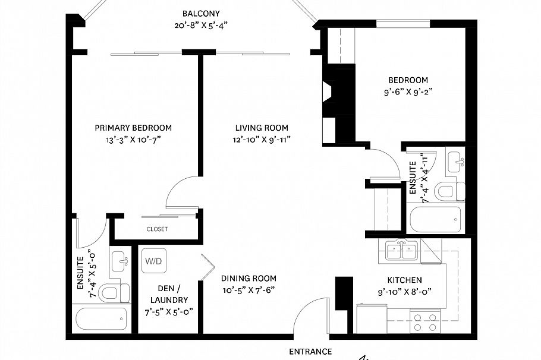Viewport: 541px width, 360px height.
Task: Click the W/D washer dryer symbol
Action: (153, 260)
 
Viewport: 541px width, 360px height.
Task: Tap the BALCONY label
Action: (202, 14)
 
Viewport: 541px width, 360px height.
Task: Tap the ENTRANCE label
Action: (310, 351)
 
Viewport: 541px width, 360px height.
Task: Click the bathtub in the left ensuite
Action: (102, 320)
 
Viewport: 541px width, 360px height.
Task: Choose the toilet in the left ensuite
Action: (115, 292)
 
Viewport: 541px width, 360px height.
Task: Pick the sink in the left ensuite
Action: (120, 261)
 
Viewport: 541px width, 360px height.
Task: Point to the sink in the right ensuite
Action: (455, 160)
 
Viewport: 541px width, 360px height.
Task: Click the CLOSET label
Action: (157, 229)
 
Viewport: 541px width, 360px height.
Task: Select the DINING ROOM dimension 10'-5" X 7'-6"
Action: (249, 290)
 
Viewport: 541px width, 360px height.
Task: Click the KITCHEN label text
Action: (404, 280)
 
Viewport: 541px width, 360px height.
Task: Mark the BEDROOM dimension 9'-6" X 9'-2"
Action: (408, 91)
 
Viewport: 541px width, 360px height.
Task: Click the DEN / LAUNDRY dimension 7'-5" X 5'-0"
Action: (169, 311)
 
